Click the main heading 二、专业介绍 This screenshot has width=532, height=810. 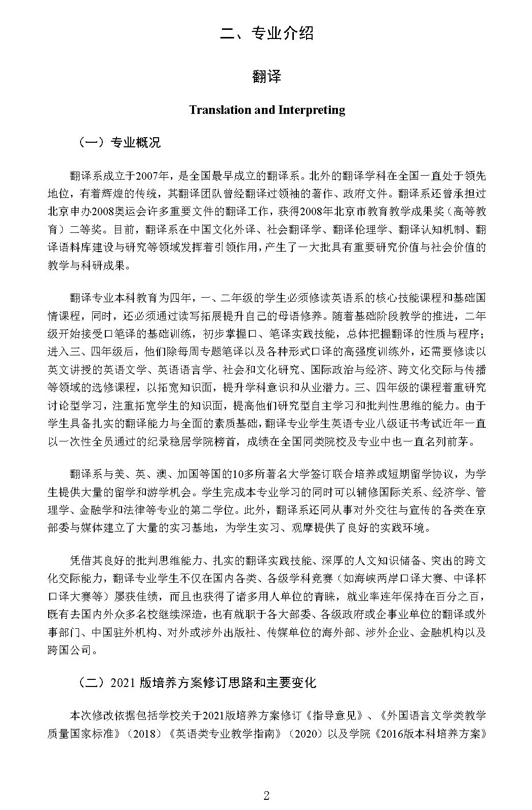click(267, 33)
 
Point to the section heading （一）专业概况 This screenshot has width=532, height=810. click(119, 143)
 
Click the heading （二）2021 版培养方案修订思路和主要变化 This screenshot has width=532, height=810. click(197, 682)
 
